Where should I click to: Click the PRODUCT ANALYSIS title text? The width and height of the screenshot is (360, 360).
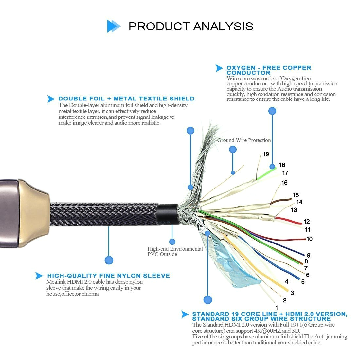point(191,27)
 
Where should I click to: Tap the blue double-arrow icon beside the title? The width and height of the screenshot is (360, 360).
point(114,26)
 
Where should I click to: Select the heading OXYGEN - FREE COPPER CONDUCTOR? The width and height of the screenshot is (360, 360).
point(269,70)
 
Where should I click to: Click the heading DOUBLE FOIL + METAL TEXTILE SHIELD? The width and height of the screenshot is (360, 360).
point(126,99)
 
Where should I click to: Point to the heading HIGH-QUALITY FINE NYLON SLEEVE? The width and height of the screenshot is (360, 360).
point(108,276)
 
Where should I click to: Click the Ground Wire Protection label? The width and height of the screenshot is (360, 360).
point(244,140)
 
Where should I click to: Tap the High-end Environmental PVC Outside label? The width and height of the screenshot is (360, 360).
point(175,251)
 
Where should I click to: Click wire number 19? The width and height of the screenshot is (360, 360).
point(266,154)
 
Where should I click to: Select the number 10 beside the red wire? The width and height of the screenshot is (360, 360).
point(309,239)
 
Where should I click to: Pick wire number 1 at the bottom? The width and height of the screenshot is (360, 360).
point(277,308)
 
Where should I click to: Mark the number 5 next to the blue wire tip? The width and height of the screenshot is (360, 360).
point(303,281)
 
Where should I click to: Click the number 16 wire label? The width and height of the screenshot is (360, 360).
point(284,183)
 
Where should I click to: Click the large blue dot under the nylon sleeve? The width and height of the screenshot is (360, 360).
point(109,260)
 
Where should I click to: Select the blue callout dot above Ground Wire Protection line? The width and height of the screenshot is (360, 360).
point(233,150)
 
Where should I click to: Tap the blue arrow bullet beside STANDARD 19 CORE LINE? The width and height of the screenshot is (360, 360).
point(185,314)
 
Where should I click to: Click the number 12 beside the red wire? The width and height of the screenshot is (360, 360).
point(306,222)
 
